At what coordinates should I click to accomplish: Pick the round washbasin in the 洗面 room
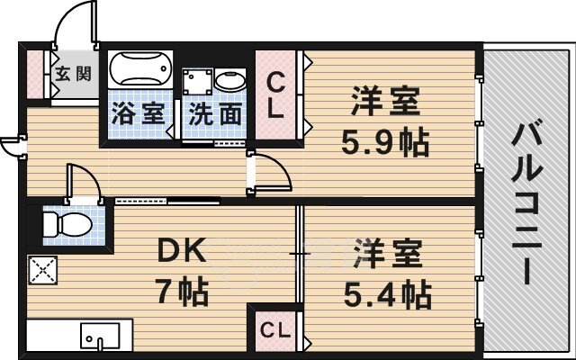230,82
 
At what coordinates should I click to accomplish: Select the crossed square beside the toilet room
40,269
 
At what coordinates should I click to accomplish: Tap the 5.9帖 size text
383,140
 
